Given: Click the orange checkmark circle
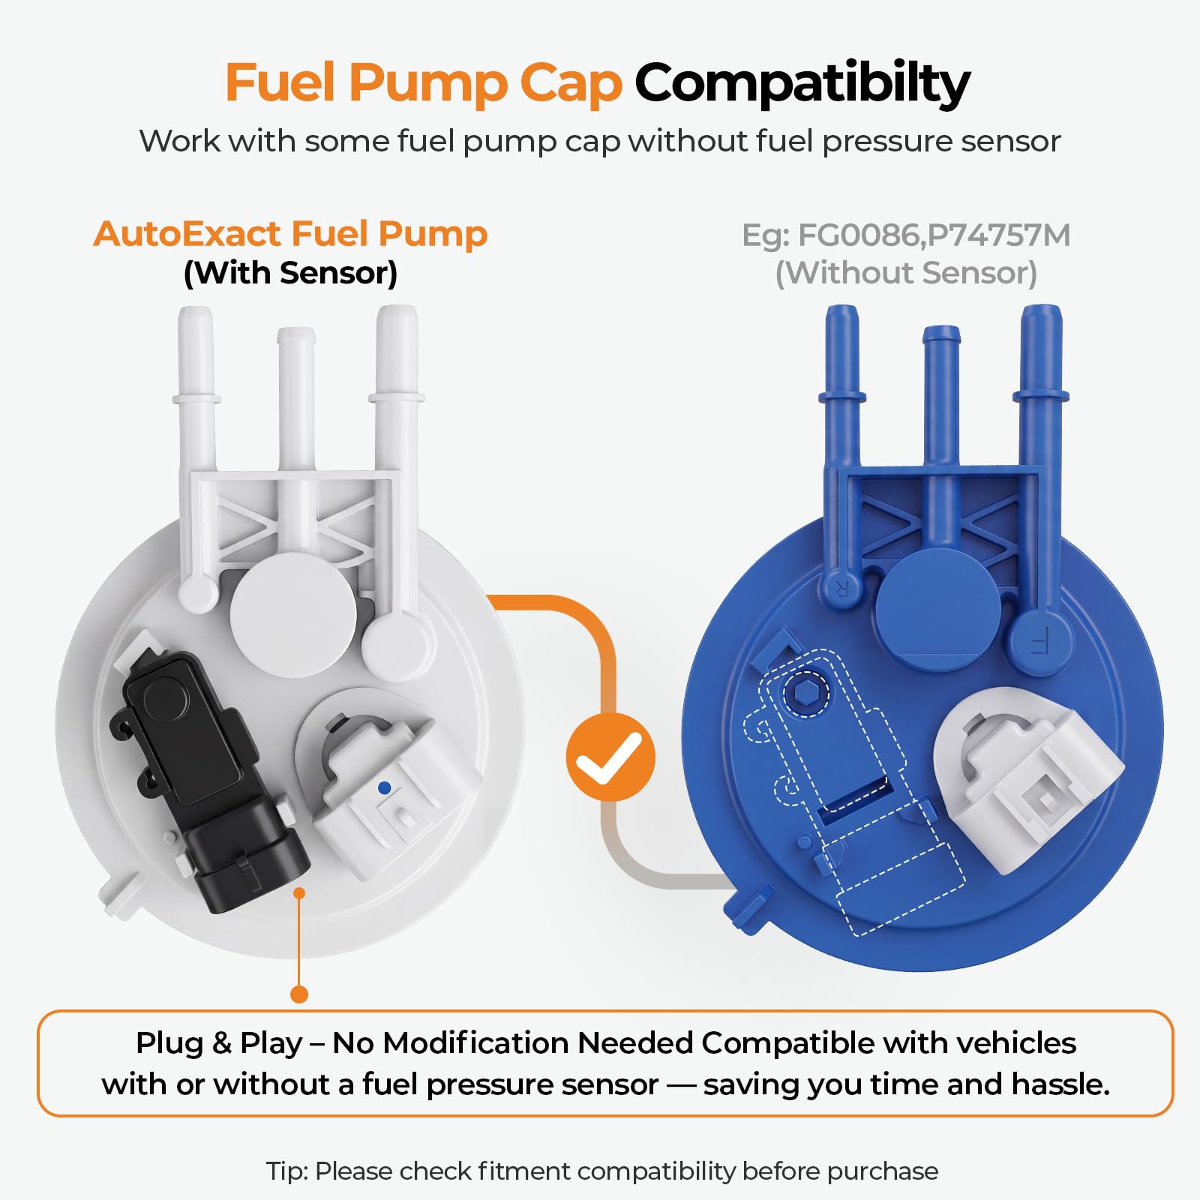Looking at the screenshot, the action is (610, 757).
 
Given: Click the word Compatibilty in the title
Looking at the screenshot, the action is (802, 83).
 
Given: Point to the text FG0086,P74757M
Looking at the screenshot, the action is (934, 235).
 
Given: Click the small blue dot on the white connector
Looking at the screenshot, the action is (385, 788).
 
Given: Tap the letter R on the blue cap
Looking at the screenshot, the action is (840, 589).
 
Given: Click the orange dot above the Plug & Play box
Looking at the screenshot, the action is (299, 994).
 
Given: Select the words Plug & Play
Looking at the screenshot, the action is (219, 1043).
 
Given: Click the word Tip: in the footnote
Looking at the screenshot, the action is (287, 1171).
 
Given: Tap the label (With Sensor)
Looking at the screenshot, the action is (290, 273).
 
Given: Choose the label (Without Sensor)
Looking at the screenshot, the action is (906, 273).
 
